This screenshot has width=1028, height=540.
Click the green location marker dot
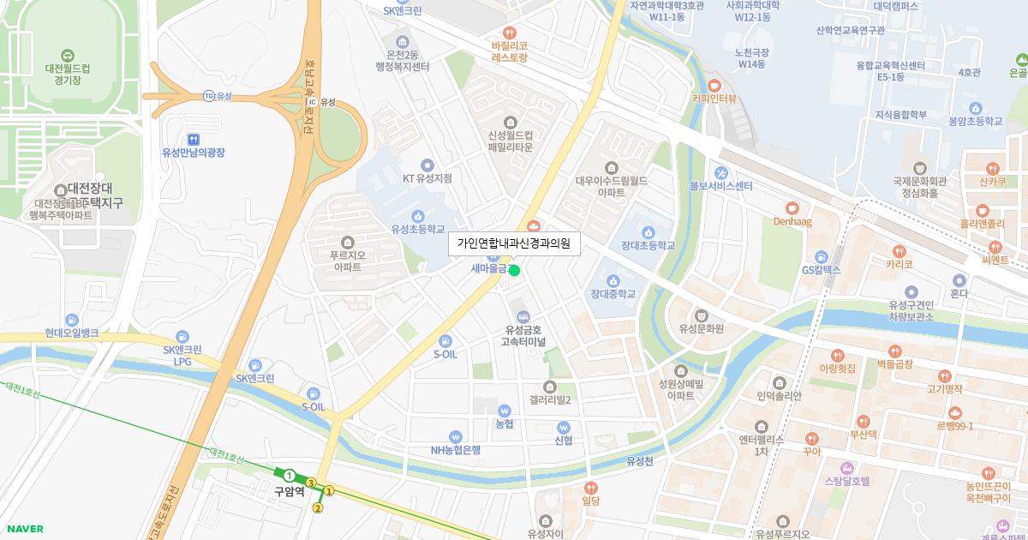[x=514, y=271]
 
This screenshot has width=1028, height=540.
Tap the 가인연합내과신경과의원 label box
[x=514, y=243]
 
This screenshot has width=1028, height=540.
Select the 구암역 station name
[x=289, y=492]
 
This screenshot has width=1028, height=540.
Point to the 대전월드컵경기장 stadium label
[x=69, y=74]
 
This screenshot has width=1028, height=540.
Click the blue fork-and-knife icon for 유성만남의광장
[x=194, y=138]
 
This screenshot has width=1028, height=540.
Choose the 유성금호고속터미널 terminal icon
[x=523, y=315]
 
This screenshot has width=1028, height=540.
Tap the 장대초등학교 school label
[x=648, y=246]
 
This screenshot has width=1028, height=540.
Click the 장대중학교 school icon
[x=613, y=280]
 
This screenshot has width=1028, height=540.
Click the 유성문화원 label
[x=702, y=328]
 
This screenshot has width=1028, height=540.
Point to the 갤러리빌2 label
[x=550, y=400]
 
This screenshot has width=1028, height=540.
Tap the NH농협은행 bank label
[x=455, y=450]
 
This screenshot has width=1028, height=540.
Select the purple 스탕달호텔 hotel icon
[x=847, y=467]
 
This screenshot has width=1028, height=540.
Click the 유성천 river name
[x=639, y=461]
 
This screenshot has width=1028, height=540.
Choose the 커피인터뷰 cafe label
[x=714, y=99]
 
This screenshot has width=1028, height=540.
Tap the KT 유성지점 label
[x=427, y=178]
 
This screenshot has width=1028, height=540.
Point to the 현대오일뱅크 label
[x=72, y=333]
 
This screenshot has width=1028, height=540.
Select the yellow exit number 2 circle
[x=318, y=508]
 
